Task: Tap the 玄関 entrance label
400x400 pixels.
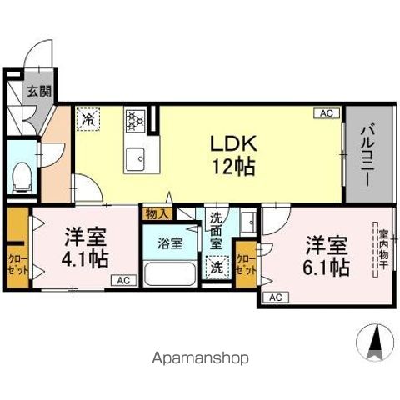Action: [36, 91]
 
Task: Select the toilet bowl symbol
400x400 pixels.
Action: [23, 177]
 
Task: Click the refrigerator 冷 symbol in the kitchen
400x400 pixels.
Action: [88, 119]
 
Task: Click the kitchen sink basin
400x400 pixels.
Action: [135, 155]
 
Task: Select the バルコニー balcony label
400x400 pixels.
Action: [367, 153]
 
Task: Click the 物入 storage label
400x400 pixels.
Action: [156, 213]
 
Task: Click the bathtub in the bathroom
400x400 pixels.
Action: [170, 274]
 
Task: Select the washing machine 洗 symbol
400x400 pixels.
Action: [216, 268]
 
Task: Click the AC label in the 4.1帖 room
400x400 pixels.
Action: [122, 280]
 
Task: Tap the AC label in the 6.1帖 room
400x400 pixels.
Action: [275, 297]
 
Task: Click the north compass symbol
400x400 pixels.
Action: [375, 340]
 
